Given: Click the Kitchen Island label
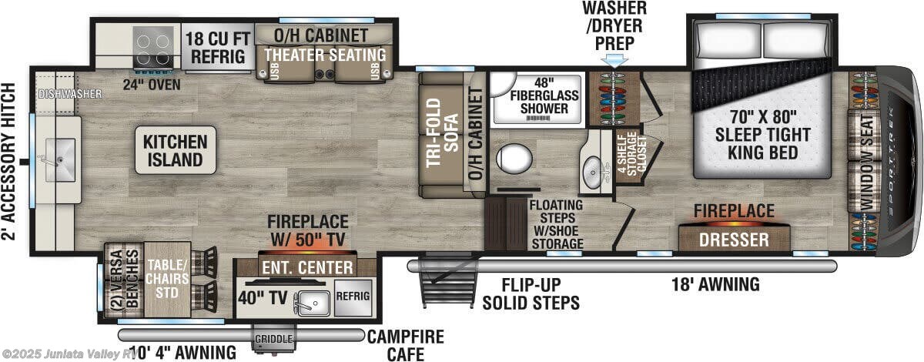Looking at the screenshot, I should (x=175, y=150).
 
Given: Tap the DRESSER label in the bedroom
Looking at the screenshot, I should (x=733, y=240).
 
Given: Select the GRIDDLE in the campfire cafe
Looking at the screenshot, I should (x=273, y=339).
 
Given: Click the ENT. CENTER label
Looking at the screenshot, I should (x=307, y=267).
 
